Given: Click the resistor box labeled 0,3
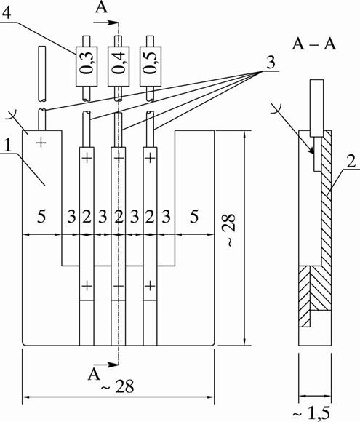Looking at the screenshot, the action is [87, 66].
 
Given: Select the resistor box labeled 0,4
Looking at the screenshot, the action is [119, 66].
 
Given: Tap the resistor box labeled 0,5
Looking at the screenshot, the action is [151, 66].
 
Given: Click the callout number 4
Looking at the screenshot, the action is [6, 12].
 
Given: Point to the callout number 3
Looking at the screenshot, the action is [271, 63].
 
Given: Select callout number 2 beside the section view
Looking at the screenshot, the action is [351, 162].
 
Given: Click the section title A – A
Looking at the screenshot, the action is [314, 44].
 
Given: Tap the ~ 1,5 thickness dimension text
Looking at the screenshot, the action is [311, 414].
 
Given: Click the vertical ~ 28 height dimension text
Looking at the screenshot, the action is [231, 230].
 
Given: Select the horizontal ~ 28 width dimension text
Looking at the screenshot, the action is [117, 387].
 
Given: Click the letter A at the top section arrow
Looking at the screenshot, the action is [101, 7].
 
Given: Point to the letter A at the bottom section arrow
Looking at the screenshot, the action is [94, 375].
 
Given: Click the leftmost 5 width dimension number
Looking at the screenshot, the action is [41, 216].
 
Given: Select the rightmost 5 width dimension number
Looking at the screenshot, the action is [194, 216].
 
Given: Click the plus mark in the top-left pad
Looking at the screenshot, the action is [41, 142].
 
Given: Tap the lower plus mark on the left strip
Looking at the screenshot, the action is [87, 286].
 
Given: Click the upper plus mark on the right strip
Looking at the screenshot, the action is [150, 158].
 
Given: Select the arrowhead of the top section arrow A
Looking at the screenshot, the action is [113, 23].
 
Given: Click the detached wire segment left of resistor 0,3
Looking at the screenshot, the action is [41, 74].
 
